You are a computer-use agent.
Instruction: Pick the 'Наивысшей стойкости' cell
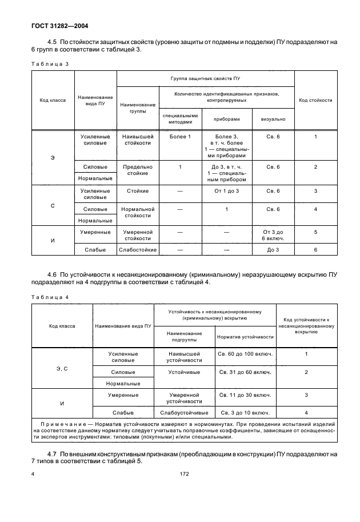(x=136, y=140)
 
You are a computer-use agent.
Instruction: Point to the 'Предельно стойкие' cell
(x=136, y=170)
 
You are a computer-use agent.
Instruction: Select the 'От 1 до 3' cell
(x=226, y=190)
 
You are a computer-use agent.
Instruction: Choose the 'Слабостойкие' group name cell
(x=136, y=250)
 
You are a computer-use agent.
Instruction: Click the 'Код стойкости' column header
(x=315, y=100)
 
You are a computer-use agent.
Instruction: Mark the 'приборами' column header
(x=226, y=119)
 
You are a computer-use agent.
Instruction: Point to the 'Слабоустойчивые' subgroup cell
(x=184, y=412)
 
